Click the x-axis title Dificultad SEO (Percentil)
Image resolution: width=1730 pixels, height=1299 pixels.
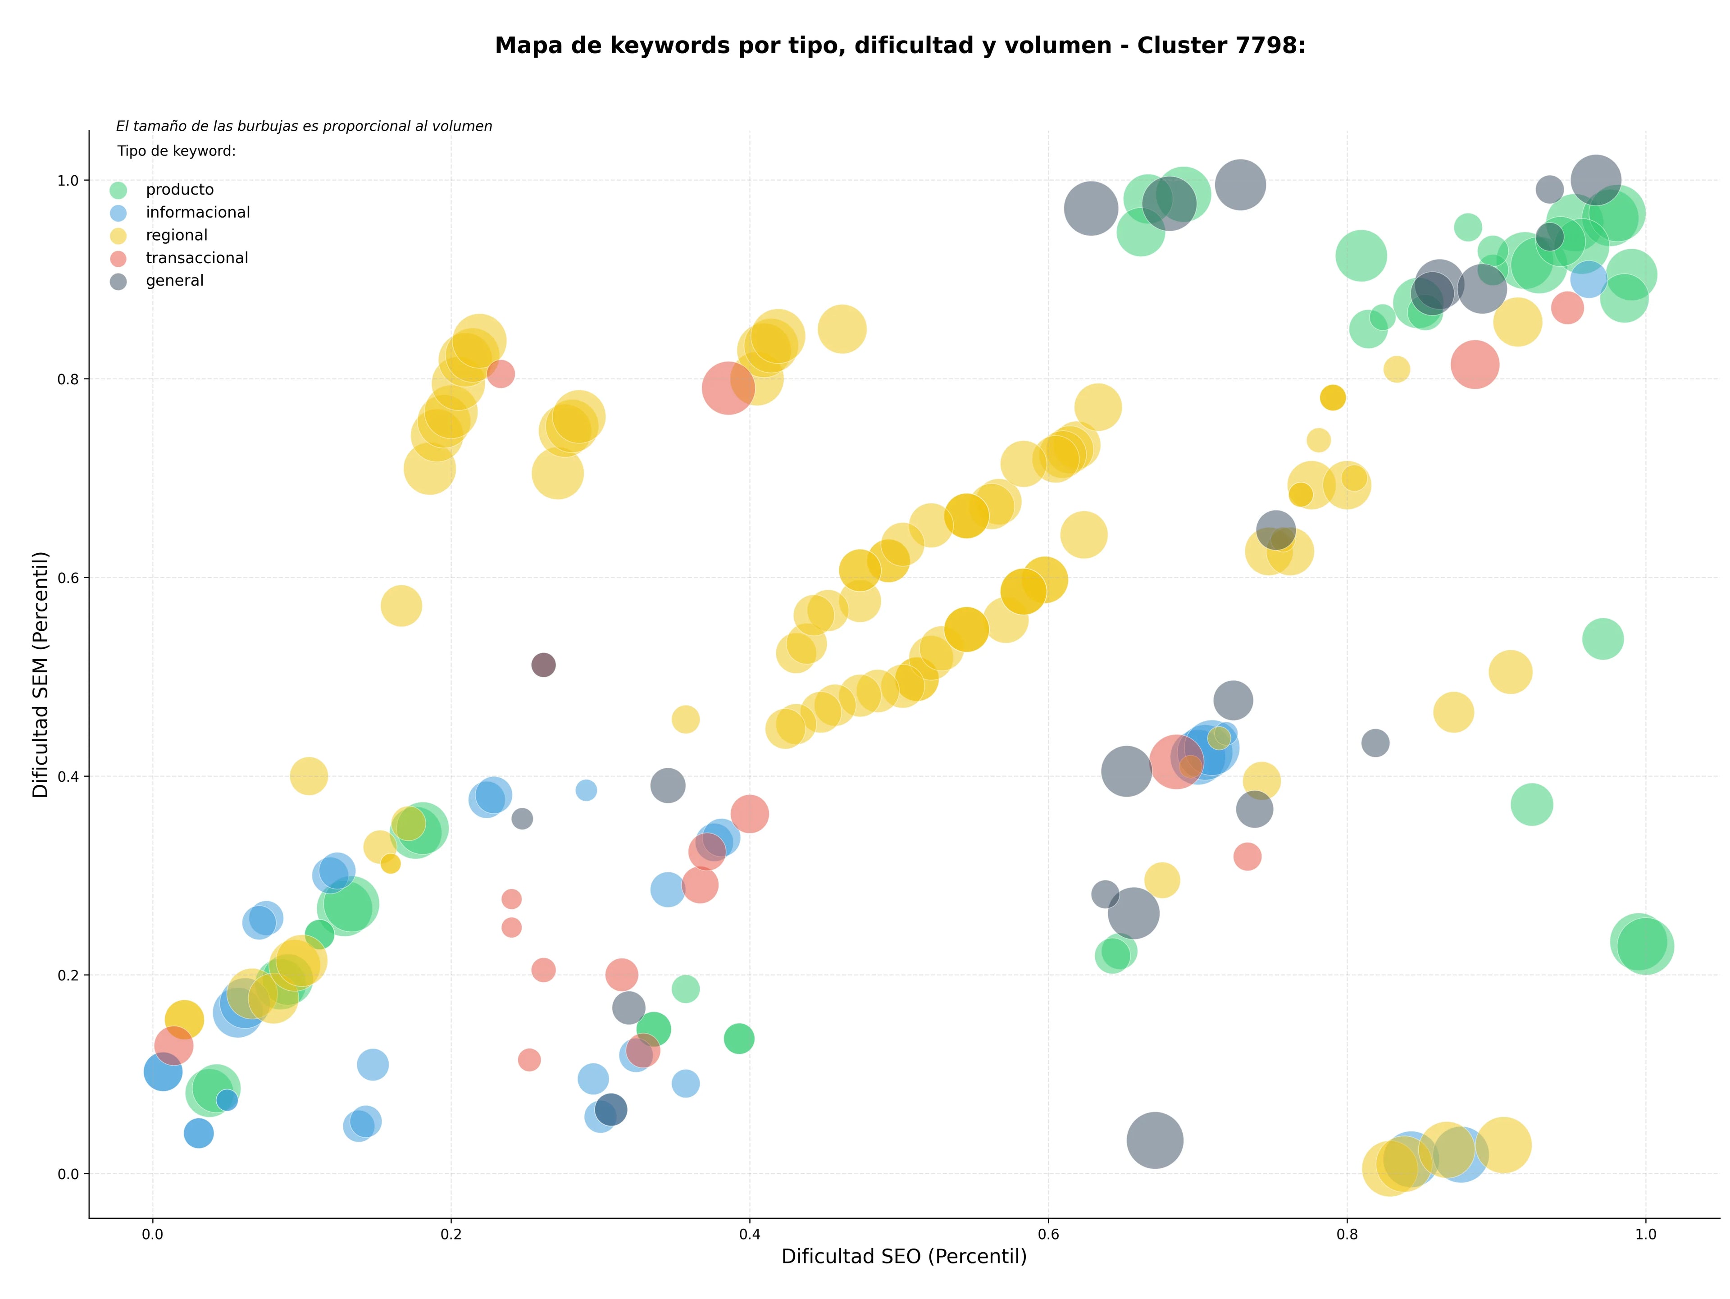[x=904, y=1256]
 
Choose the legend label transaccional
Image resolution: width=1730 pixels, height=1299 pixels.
[x=197, y=258]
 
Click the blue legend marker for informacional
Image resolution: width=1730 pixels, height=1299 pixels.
[x=118, y=213]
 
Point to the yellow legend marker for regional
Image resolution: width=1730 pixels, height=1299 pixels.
[x=118, y=235]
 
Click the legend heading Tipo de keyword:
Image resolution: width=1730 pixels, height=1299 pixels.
[x=177, y=151]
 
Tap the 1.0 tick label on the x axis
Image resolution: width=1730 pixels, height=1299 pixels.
[x=1646, y=1235]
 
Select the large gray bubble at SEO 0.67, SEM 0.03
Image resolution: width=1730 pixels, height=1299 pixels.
[x=1154, y=1140]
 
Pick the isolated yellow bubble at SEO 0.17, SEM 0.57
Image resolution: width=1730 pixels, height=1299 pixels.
[x=401, y=606]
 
